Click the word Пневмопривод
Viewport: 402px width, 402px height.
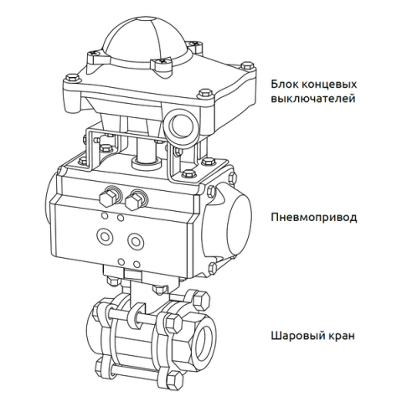[x=314, y=218]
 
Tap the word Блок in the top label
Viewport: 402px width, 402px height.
[x=283, y=84]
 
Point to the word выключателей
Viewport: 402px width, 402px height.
[x=313, y=99]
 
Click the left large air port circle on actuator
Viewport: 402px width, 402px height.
[x=106, y=237]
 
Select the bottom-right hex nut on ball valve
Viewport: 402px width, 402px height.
[x=174, y=379]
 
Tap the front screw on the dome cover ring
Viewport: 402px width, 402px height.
[x=161, y=64]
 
